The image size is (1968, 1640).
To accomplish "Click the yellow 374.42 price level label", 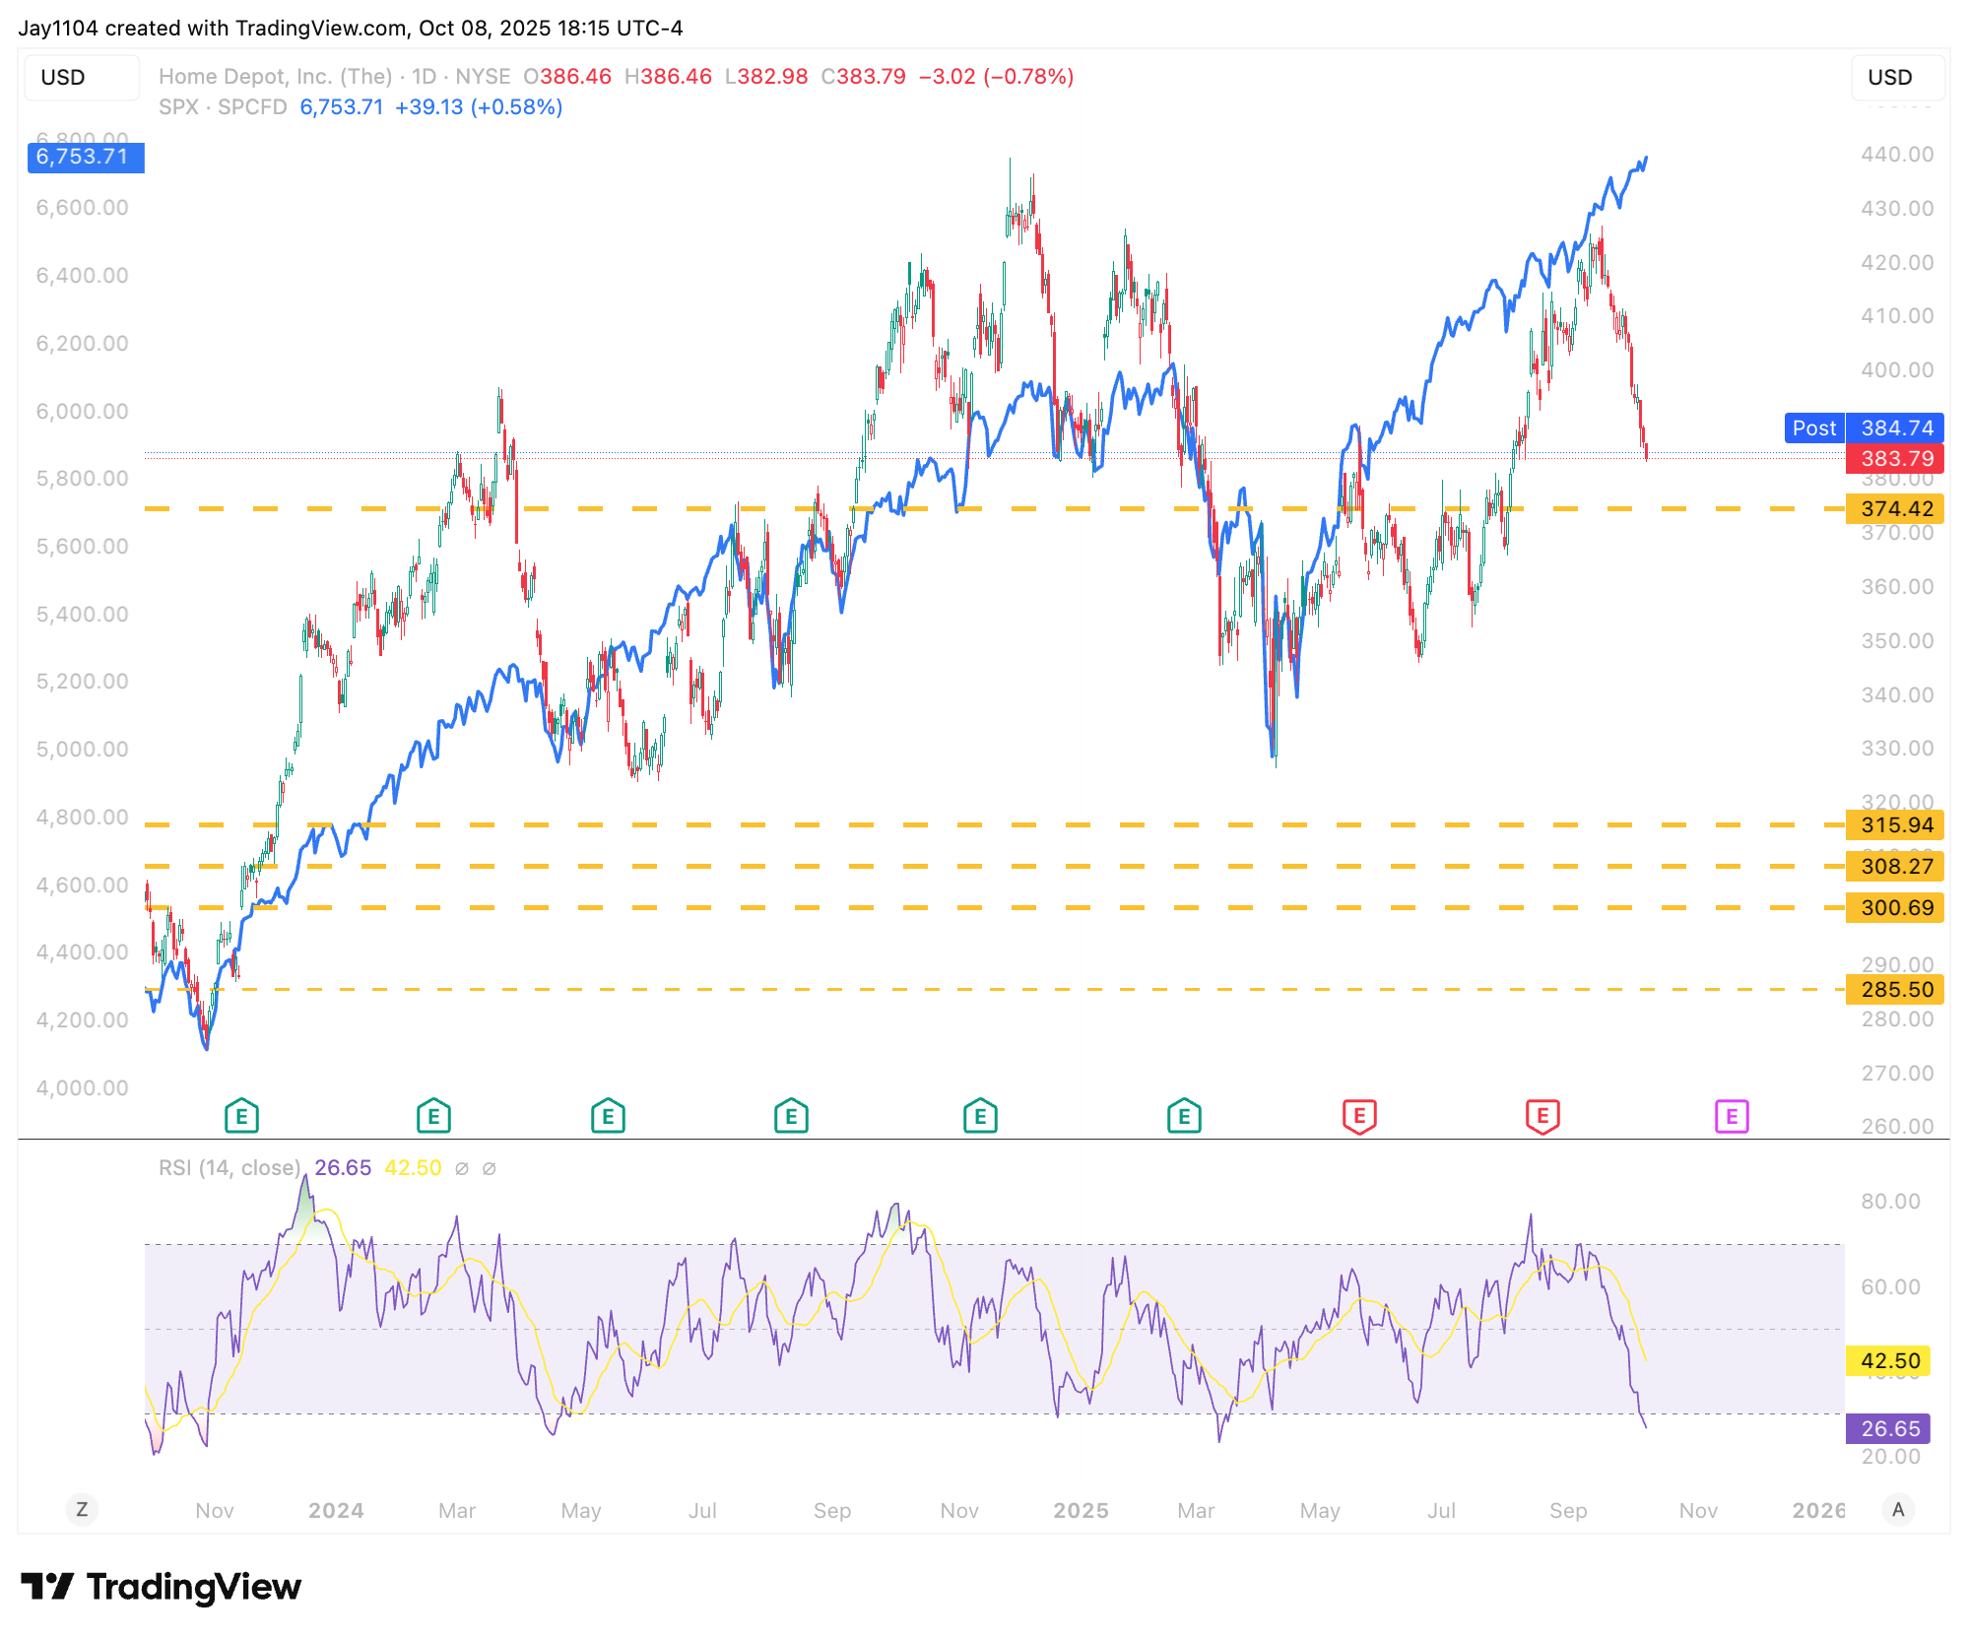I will [x=1895, y=508].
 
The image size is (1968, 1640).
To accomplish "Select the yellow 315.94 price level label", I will [x=1895, y=824].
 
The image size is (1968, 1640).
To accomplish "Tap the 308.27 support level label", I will [x=1895, y=866].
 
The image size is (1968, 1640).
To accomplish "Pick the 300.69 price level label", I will [x=1895, y=907].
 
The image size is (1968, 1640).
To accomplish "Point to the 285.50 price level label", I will [x=1895, y=989].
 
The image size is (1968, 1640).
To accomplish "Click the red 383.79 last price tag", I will [x=1895, y=458].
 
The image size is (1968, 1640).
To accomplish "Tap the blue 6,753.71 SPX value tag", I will [x=85, y=157].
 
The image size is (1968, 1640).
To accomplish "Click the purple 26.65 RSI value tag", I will [x=1888, y=1428].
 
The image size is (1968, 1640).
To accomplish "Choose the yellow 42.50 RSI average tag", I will [x=1888, y=1360].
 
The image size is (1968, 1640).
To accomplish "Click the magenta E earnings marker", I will [x=1732, y=1116].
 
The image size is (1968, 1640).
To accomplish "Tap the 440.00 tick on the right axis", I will [x=1897, y=155].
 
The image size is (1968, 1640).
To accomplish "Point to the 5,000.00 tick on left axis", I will [x=83, y=750].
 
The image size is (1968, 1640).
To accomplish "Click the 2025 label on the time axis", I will [x=1081, y=1510].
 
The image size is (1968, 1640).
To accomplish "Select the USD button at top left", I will [x=64, y=77].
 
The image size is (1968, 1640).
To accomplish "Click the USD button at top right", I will [x=1889, y=77].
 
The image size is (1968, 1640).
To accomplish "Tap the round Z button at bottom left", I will [x=82, y=1509].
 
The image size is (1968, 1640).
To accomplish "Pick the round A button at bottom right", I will [x=1898, y=1509].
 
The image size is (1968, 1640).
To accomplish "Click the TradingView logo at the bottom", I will [x=162, y=1587].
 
